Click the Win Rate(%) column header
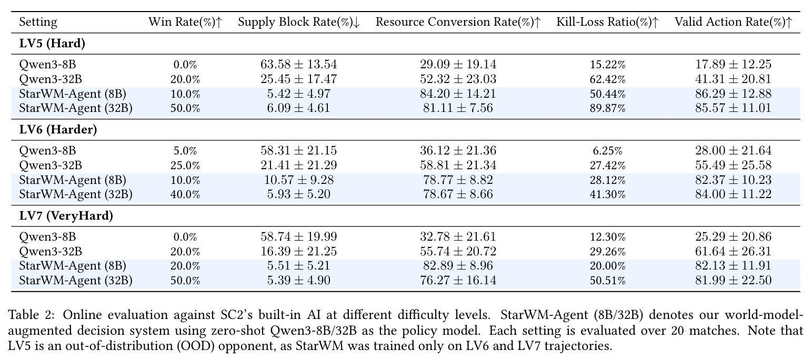[x=185, y=22]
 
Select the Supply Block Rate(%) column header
[x=299, y=22]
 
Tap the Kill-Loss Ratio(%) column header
[x=607, y=22]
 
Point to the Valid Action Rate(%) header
[x=733, y=22]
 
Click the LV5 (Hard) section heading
[x=52, y=44]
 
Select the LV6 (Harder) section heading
[x=58, y=130]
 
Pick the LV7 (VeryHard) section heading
[x=66, y=216]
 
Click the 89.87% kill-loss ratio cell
[x=607, y=108]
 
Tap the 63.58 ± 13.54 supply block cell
[x=299, y=65]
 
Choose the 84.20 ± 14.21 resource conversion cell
[x=458, y=94]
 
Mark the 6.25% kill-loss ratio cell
[x=607, y=151]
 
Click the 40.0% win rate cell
[x=185, y=194]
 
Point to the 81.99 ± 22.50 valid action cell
[x=733, y=280]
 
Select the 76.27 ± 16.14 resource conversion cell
[x=458, y=280]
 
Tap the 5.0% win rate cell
[x=185, y=151]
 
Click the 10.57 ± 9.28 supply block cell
[x=299, y=180]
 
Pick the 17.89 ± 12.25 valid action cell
[x=733, y=65]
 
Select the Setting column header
[x=38, y=23]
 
